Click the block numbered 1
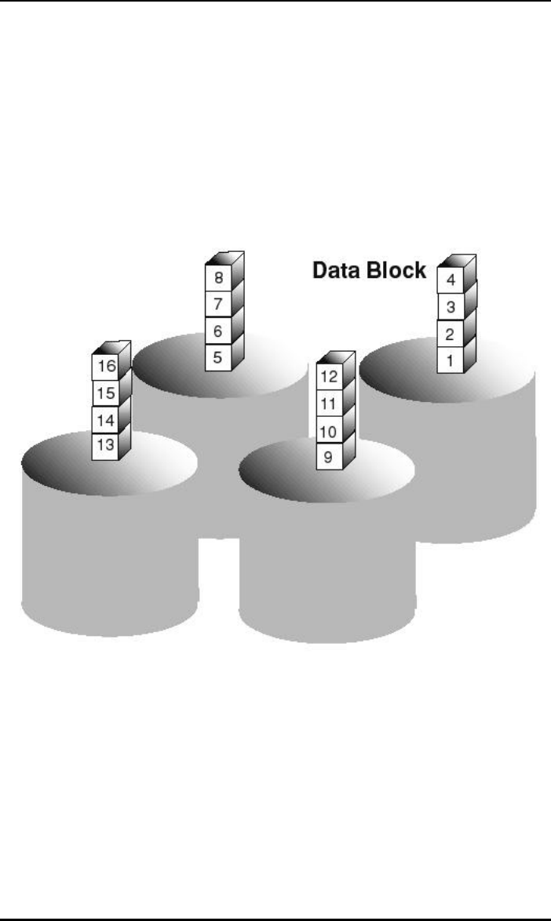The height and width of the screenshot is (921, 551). click(448, 361)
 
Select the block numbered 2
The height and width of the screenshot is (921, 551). click(448, 334)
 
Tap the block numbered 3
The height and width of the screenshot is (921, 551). click(448, 307)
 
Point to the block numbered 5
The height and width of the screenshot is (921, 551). click(217, 356)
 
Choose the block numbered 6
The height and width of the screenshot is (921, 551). click(217, 330)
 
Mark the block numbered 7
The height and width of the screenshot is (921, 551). click(217, 304)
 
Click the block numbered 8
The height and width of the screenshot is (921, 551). click(217, 278)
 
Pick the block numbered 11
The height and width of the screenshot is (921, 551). click(328, 403)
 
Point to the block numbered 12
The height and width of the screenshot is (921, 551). click(328, 377)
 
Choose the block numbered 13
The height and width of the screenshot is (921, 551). click(104, 444)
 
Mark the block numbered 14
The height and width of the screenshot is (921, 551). click(104, 418)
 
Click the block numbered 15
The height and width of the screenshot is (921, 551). click(104, 393)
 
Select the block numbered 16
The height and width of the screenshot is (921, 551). click(104, 367)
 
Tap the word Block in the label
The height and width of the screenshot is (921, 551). click(398, 271)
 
